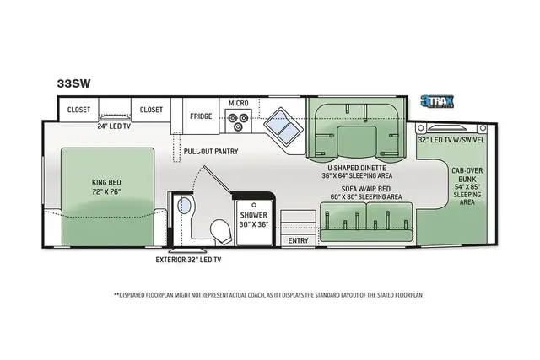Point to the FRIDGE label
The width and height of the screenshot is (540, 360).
(x=200, y=116)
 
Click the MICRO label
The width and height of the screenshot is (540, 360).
(x=239, y=104)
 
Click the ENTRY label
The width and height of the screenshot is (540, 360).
(x=299, y=241)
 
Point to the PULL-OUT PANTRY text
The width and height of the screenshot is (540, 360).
(x=211, y=152)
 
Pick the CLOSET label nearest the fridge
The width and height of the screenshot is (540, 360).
(x=151, y=109)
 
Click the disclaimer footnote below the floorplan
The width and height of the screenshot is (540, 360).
(x=267, y=295)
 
